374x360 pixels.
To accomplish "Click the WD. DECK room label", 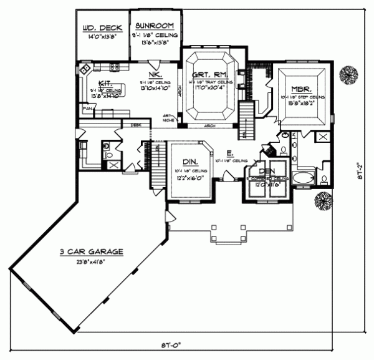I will coord(102,27).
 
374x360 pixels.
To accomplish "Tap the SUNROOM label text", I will coord(156,27).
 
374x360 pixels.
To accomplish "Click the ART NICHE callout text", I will coord(168,118).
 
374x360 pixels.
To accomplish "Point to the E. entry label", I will coord(230,152).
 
